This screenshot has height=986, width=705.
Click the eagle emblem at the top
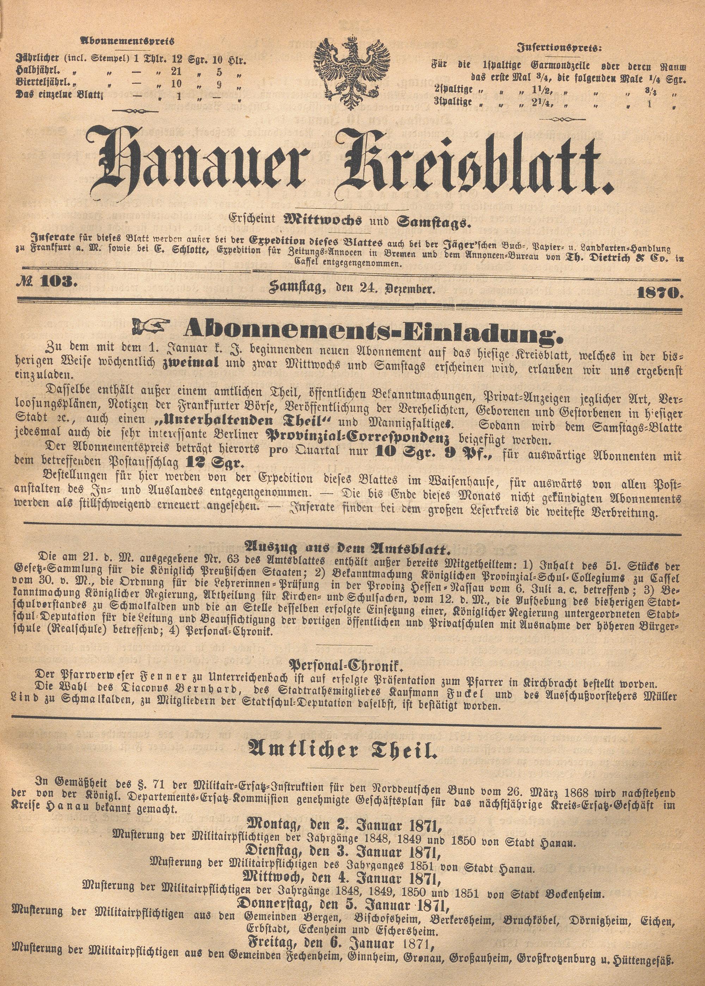click(352, 73)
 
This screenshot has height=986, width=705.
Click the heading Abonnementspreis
click(127, 42)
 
